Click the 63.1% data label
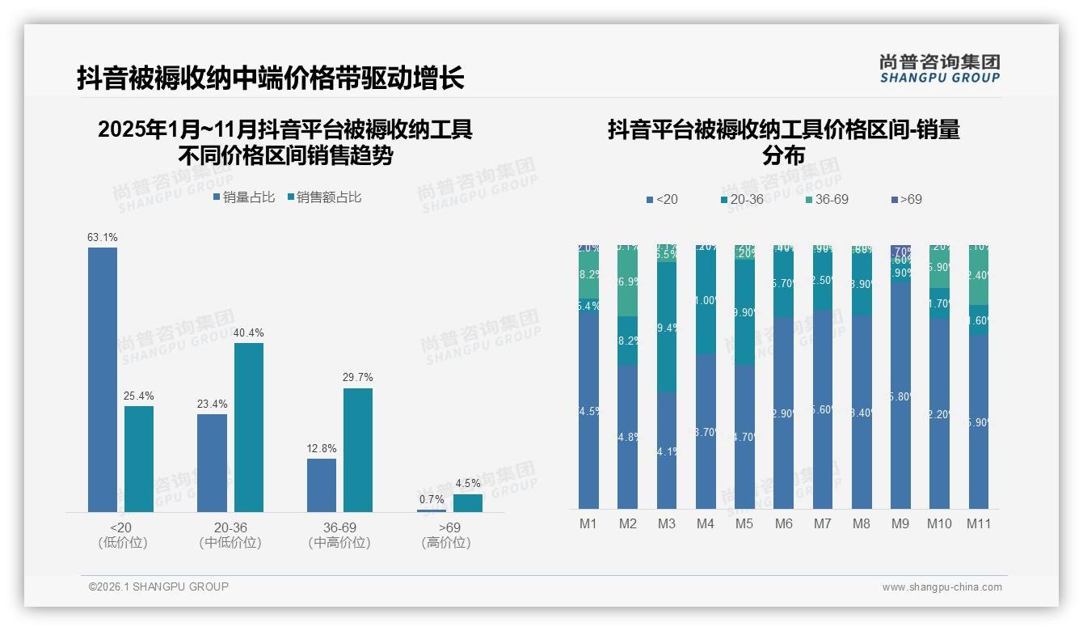pyautogui.click(x=103, y=238)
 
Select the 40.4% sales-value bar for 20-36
pyautogui.click(x=249, y=427)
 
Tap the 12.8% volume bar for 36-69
pyautogui.click(x=322, y=485)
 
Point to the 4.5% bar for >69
pyautogui.click(x=467, y=503)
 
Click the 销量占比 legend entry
pyautogui.click(x=244, y=197)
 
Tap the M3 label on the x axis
pyautogui.click(x=666, y=524)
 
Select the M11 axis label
pyautogui.click(x=979, y=524)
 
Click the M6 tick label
pyautogui.click(x=783, y=524)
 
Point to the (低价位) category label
pyautogui.click(x=123, y=543)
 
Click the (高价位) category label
pyautogui.click(x=445, y=543)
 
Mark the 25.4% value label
pyautogui.click(x=139, y=396)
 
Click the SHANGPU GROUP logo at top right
pyautogui.click(x=939, y=68)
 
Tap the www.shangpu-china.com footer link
pyautogui.click(x=942, y=587)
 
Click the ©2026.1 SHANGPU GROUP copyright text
pyautogui.click(x=158, y=587)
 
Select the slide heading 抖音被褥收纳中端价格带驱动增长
pyautogui.click(x=270, y=78)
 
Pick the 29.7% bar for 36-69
pyautogui.click(x=358, y=450)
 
